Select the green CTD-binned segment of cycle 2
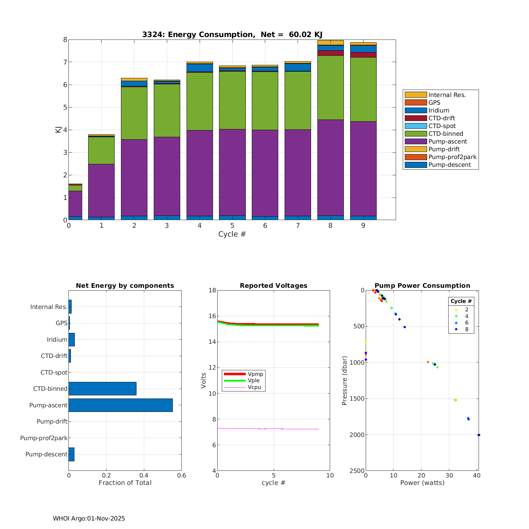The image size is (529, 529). [134, 113]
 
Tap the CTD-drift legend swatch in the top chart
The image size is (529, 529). [416, 118]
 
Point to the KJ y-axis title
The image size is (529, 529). [58, 129]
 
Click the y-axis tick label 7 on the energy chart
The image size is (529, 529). [65, 62]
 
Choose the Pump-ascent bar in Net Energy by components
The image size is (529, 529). [121, 405]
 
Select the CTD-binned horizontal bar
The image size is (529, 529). [102, 389]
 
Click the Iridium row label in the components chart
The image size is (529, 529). [57, 340]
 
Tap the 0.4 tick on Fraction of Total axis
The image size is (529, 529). [144, 475]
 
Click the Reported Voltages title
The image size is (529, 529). [273, 286]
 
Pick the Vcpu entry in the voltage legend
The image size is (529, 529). [254, 387]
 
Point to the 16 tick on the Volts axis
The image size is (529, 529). [212, 316]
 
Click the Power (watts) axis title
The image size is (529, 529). [422, 483]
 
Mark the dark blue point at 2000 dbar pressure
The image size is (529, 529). [479, 435]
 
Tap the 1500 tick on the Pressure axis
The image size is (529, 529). [357, 399]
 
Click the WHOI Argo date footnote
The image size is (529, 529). [89, 518]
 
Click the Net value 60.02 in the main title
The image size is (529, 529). [300, 35]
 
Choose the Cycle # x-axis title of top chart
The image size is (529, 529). [232, 234]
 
